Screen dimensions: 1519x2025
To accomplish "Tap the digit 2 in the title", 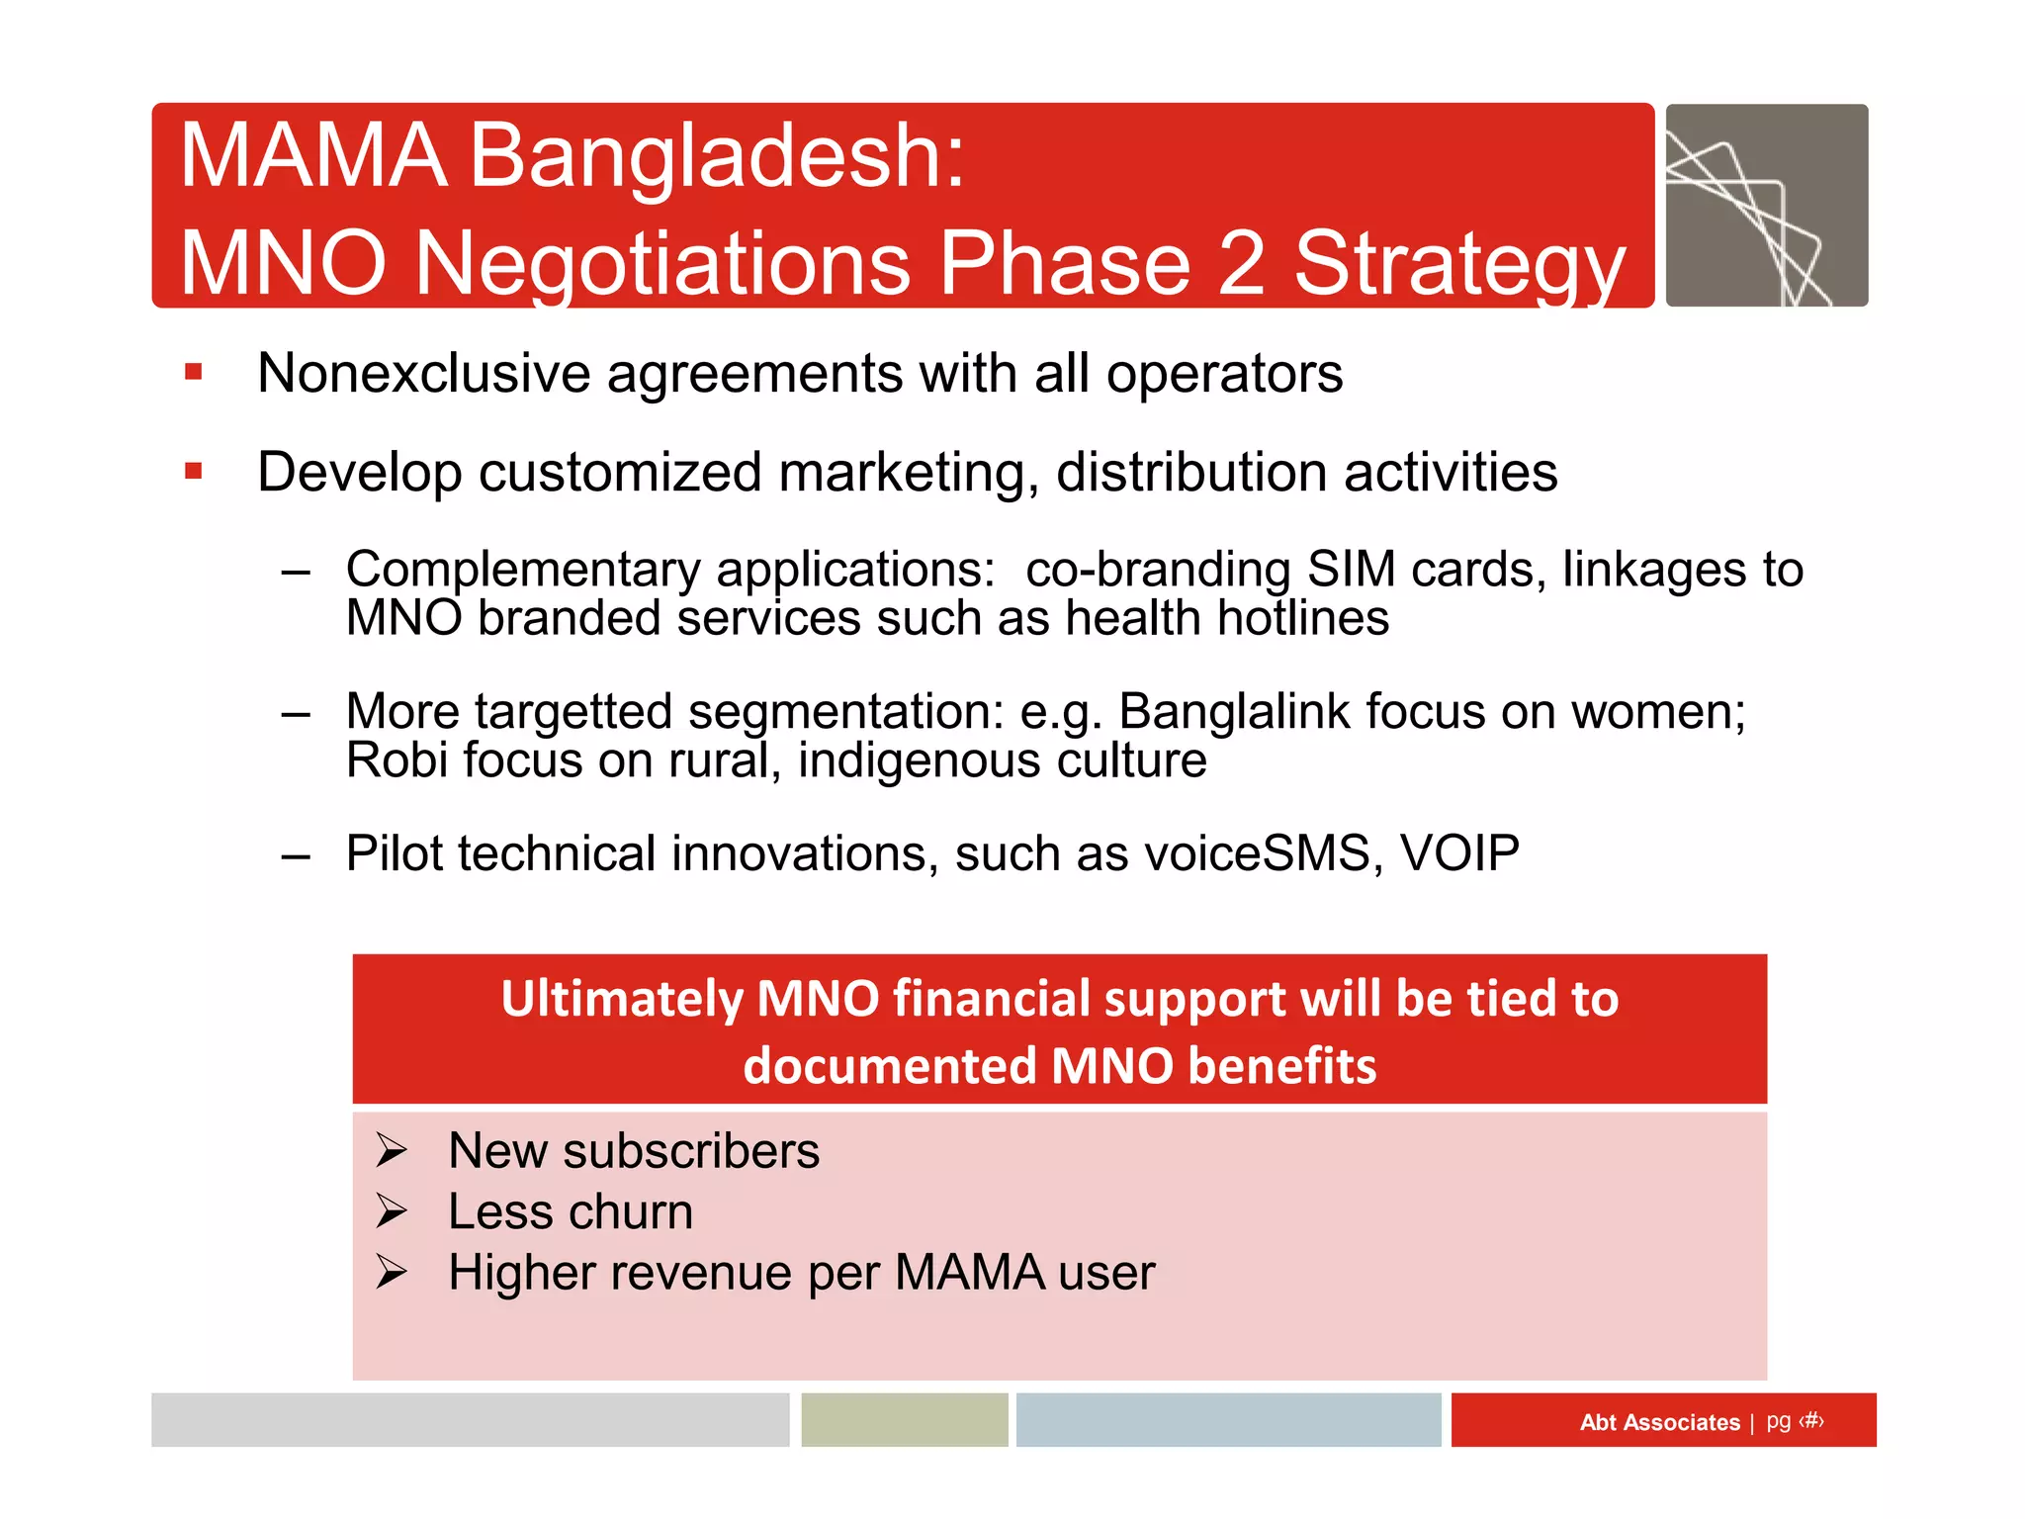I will click(1240, 263).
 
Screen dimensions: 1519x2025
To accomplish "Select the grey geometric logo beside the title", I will click(1766, 206).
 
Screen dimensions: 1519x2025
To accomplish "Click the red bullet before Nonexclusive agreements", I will click(194, 373).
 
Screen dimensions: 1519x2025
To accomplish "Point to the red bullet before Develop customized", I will click(194, 472).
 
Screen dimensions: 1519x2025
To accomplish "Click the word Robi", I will click(396, 760).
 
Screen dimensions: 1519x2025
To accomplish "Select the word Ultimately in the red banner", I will click(620, 999).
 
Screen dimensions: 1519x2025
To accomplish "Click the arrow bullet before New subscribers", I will click(392, 1150).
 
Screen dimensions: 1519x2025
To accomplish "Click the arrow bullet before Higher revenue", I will click(392, 1272).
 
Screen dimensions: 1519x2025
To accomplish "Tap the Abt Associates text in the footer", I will click(1658, 1422).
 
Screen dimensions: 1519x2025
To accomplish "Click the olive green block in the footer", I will click(904, 1420).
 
